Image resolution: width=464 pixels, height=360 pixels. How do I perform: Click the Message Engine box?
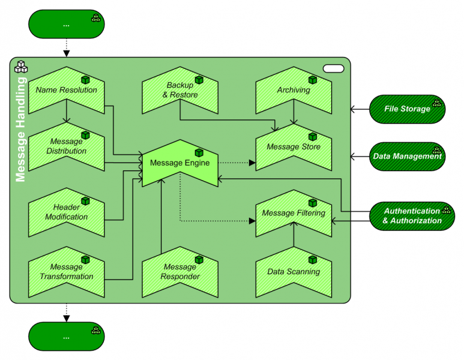[179, 163]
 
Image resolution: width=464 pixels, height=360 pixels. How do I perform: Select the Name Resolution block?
[66, 91]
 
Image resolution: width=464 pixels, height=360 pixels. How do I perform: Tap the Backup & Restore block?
[179, 91]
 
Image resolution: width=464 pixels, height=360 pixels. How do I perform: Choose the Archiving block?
[294, 91]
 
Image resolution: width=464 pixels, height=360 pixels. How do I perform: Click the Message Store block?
[294, 147]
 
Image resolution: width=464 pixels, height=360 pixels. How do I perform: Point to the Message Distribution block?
[66, 147]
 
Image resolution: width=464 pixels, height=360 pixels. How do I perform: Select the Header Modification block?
[66, 213]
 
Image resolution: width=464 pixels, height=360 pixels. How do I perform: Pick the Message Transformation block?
[66, 272]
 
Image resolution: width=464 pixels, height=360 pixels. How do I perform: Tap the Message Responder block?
[179, 272]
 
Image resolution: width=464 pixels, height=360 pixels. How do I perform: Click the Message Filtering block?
[294, 213]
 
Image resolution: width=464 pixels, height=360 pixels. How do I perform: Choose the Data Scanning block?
[294, 272]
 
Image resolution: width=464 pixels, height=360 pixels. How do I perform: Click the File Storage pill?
[407, 109]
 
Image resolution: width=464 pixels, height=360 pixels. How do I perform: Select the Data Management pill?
[407, 157]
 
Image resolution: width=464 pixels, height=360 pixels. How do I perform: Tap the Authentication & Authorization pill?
[412, 216]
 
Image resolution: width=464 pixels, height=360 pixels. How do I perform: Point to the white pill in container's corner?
[333, 68]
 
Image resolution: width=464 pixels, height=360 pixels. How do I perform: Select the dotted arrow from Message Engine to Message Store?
[237, 163]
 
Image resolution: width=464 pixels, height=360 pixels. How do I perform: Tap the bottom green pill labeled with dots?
[66, 336]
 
